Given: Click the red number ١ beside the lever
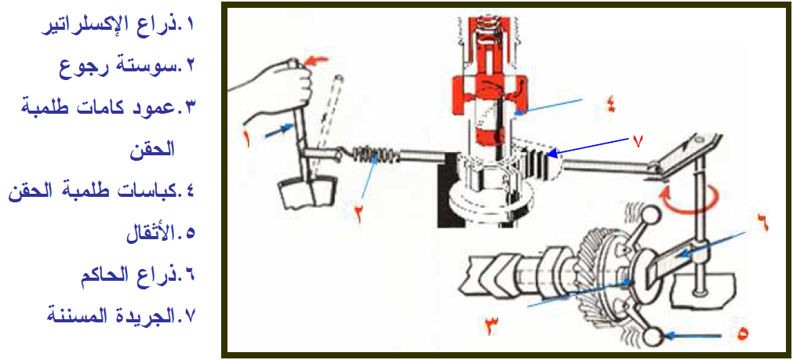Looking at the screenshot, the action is (248, 138).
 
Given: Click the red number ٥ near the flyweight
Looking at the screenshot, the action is (743, 333).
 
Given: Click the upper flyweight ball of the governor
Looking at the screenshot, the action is (650, 216).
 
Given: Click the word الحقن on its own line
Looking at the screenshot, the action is (150, 150).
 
